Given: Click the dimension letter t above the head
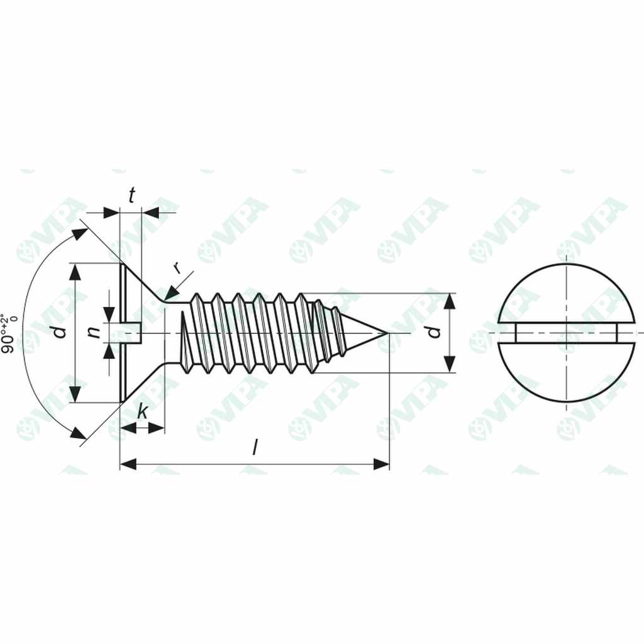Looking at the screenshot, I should [x=131, y=196].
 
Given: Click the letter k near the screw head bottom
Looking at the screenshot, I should [x=143, y=413].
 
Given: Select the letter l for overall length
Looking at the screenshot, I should [x=255, y=448].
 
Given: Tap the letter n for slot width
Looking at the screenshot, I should [x=94, y=331].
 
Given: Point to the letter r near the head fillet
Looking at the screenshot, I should [x=178, y=268].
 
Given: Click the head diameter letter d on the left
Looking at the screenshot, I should [x=60, y=331].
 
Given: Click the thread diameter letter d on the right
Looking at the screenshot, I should [x=435, y=331].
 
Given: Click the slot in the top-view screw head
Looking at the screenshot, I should [x=567, y=333].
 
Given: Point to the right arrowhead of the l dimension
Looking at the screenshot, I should [x=382, y=465].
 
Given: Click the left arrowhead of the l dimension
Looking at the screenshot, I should [x=128, y=465].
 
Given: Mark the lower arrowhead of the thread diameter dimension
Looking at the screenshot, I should [x=449, y=364].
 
